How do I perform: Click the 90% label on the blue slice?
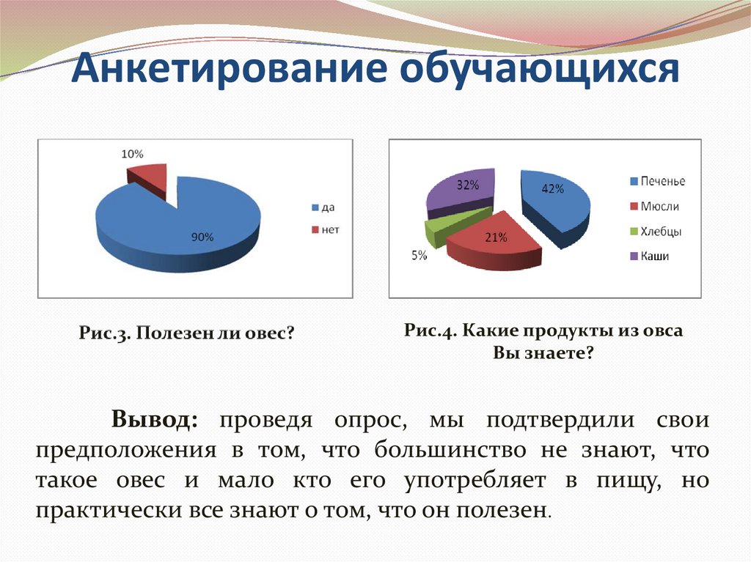(x=202, y=237)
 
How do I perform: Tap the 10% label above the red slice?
(x=132, y=154)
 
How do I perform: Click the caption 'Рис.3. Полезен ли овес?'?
(x=187, y=333)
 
